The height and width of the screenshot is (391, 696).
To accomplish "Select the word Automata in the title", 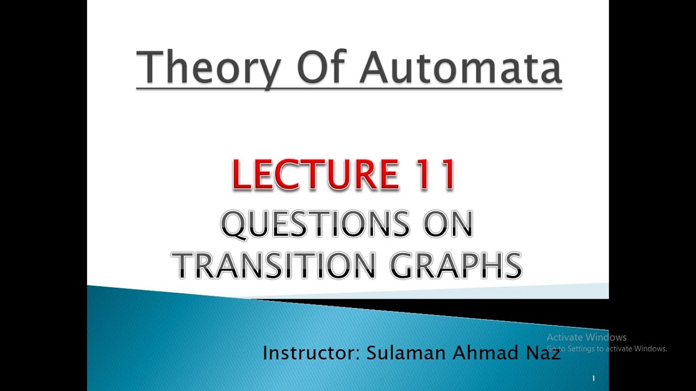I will pyautogui.click(x=461, y=67).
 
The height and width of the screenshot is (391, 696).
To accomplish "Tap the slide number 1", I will pyautogui.click(x=593, y=379).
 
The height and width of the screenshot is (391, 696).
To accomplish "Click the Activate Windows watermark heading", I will pyautogui.click(x=587, y=337).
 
